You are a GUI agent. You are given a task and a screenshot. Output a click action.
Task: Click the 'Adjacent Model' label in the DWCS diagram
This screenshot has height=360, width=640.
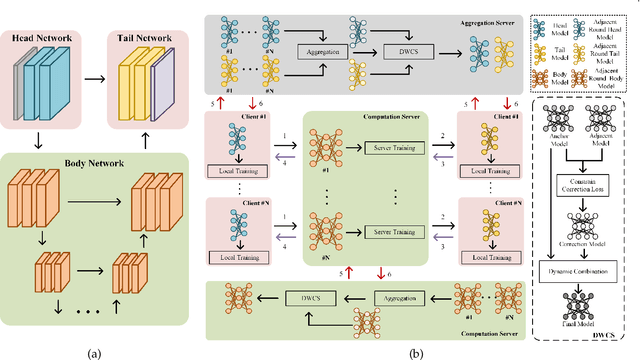(601, 141)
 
